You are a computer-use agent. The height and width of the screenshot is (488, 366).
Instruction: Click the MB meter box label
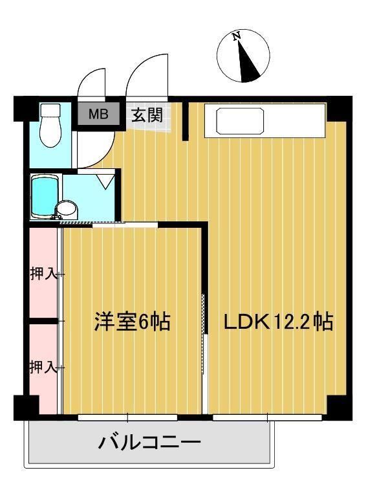(98, 115)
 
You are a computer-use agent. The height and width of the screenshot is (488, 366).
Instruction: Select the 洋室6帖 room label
(133, 322)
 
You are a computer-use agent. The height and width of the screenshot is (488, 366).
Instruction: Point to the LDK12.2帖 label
(279, 322)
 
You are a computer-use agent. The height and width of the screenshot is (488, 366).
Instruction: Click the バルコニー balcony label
(149, 443)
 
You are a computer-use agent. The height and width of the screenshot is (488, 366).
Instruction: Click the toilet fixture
(49, 127)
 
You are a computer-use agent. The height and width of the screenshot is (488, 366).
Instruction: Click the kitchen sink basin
(240, 121)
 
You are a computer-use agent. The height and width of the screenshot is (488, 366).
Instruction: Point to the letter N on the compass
(237, 37)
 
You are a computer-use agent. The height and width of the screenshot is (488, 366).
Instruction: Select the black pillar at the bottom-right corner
(339, 407)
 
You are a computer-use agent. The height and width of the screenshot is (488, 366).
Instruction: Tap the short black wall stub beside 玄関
(185, 120)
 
